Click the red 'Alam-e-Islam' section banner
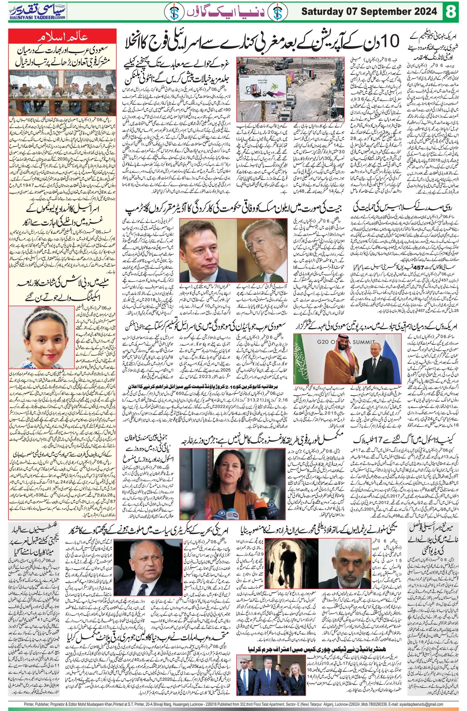click(x=63, y=38)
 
